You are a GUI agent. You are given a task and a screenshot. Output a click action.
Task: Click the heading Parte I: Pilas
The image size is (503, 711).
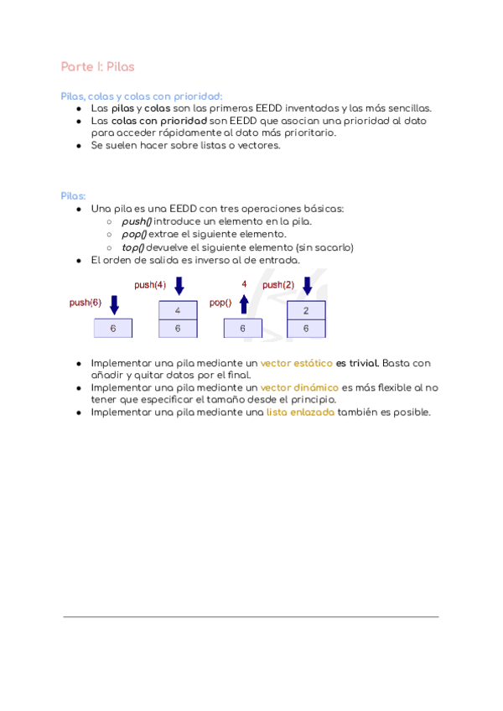click(x=97, y=66)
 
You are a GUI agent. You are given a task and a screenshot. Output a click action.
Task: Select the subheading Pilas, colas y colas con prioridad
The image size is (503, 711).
click(x=142, y=96)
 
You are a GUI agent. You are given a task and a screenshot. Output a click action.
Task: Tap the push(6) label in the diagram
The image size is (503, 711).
click(x=85, y=303)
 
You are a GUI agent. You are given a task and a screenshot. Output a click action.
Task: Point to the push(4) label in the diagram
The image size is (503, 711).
click(x=150, y=285)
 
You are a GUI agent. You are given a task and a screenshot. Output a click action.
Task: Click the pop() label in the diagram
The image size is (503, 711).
click(x=220, y=303)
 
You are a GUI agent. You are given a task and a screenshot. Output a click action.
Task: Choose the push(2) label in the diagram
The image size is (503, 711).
click(x=278, y=285)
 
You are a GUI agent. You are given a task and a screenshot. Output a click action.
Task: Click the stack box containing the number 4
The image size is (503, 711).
click(x=178, y=310)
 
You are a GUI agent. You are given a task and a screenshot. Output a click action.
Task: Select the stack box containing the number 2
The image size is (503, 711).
click(x=306, y=310)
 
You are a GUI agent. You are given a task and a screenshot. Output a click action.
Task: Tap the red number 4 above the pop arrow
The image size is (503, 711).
click(x=244, y=284)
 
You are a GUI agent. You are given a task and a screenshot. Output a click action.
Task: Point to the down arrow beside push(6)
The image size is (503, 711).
click(x=115, y=304)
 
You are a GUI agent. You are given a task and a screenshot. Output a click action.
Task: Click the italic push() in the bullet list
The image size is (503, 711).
click(x=137, y=221)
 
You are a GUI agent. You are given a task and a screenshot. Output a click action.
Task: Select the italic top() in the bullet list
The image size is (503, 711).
click(x=133, y=247)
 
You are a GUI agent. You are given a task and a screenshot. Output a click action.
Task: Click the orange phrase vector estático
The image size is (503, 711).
click(x=296, y=363)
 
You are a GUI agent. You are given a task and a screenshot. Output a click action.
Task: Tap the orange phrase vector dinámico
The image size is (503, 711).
click(x=299, y=387)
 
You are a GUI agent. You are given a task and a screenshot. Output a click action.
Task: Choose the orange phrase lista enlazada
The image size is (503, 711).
click(x=300, y=412)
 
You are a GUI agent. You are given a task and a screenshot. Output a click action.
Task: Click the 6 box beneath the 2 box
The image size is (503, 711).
click(x=306, y=329)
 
